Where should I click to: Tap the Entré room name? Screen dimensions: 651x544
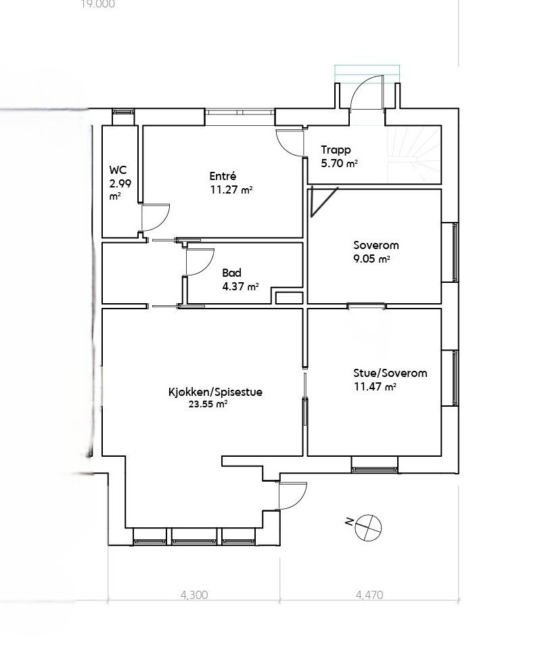click(x=223, y=177)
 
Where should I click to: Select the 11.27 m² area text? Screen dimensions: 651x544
click(x=231, y=190)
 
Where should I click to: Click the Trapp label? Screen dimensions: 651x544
click(x=336, y=150)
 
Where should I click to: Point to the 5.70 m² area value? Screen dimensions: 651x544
click(x=339, y=163)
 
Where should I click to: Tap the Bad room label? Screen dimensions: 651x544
click(x=231, y=273)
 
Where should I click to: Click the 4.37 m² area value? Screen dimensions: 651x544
click(x=240, y=286)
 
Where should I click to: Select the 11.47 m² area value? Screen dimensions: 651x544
click(x=374, y=386)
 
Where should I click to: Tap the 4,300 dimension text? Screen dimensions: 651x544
click(x=194, y=596)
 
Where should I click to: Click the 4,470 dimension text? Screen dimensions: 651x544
click(x=369, y=596)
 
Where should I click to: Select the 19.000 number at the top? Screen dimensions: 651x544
click(x=97, y=4)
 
